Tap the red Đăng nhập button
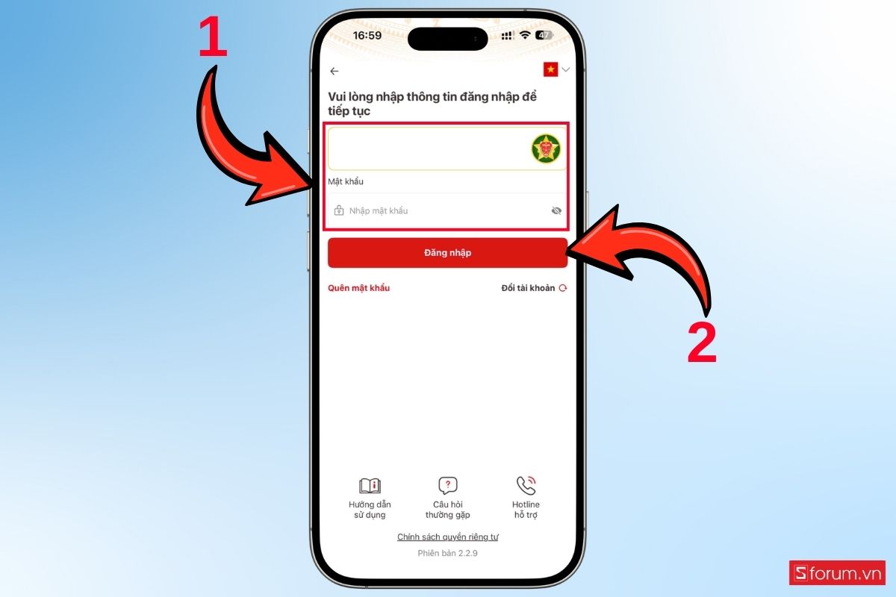(x=447, y=253)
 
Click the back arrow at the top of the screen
(x=335, y=71)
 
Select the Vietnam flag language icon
(x=550, y=69)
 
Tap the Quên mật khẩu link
(x=359, y=288)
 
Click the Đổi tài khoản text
(x=528, y=288)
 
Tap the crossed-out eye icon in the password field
(x=556, y=210)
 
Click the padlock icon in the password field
(x=339, y=210)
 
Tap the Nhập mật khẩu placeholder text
(x=379, y=210)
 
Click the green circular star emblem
(x=546, y=149)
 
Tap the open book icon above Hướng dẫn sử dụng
(x=370, y=486)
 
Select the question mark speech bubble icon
(x=447, y=486)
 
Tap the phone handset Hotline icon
(x=526, y=486)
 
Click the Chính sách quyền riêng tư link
(x=447, y=537)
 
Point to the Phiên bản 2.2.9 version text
(x=447, y=553)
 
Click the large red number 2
(x=702, y=343)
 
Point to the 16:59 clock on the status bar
(x=367, y=36)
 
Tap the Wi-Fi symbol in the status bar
(x=525, y=35)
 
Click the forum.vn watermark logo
(x=837, y=572)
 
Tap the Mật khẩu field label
(x=346, y=181)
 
